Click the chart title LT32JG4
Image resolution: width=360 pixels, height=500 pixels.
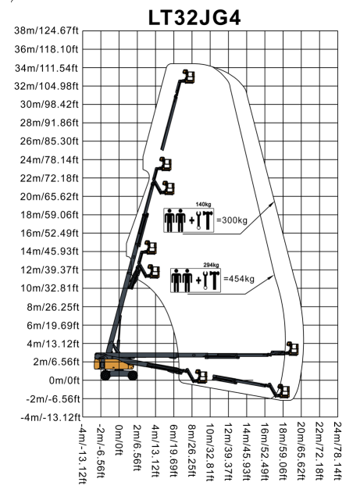194,17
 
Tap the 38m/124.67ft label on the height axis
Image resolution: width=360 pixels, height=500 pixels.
46,30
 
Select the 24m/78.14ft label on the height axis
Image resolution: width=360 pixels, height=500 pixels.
49,159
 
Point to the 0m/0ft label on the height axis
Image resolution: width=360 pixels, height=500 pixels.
64,380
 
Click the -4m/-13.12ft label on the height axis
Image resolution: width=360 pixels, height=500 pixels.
51,417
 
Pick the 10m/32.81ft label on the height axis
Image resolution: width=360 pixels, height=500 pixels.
49,288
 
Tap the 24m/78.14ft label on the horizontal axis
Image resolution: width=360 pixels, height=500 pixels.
337,451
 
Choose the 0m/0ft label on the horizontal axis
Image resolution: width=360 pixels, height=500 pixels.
119,440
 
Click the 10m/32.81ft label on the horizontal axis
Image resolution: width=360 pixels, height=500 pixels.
209,452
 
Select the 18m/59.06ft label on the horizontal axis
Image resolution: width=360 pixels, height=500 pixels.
283,452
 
